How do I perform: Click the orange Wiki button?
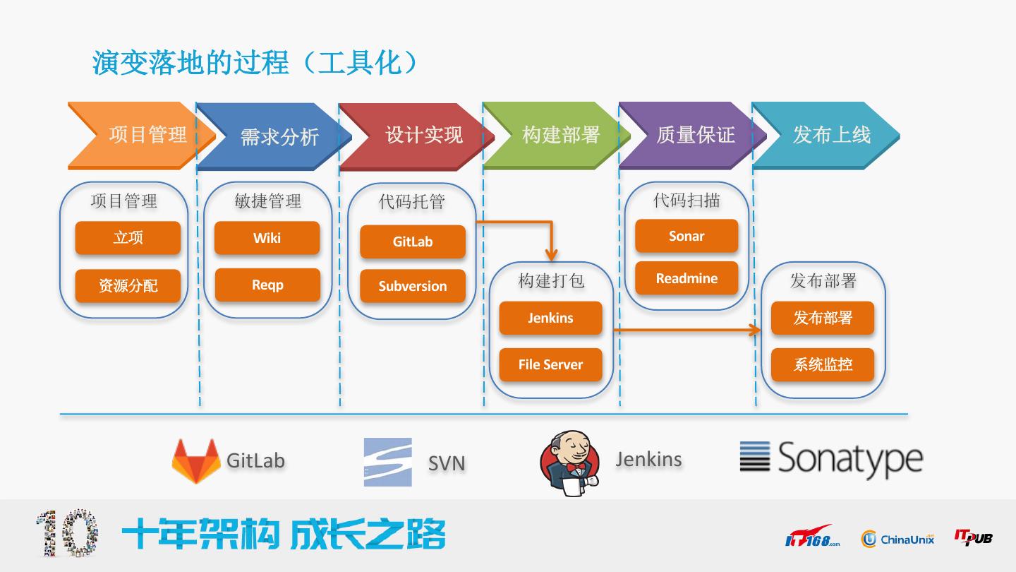coord(267,238)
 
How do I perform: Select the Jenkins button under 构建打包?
coord(550,318)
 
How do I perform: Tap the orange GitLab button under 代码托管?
coord(412,242)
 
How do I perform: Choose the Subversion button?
coord(412,286)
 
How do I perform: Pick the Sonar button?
coord(686,236)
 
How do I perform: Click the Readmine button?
coord(686,278)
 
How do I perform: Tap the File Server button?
coord(550,364)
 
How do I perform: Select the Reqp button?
coord(267,285)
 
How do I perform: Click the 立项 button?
coord(128,238)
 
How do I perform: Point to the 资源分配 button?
coord(128,285)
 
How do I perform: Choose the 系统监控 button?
coord(822,364)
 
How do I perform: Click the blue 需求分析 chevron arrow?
coord(275,136)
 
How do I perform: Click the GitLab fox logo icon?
coord(195,460)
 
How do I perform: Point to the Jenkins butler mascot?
coord(570,459)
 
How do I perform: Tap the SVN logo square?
coord(387,462)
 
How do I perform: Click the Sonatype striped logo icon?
coord(755,456)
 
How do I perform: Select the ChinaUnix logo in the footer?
coord(897,539)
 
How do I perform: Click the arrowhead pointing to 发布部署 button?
coord(756,330)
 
